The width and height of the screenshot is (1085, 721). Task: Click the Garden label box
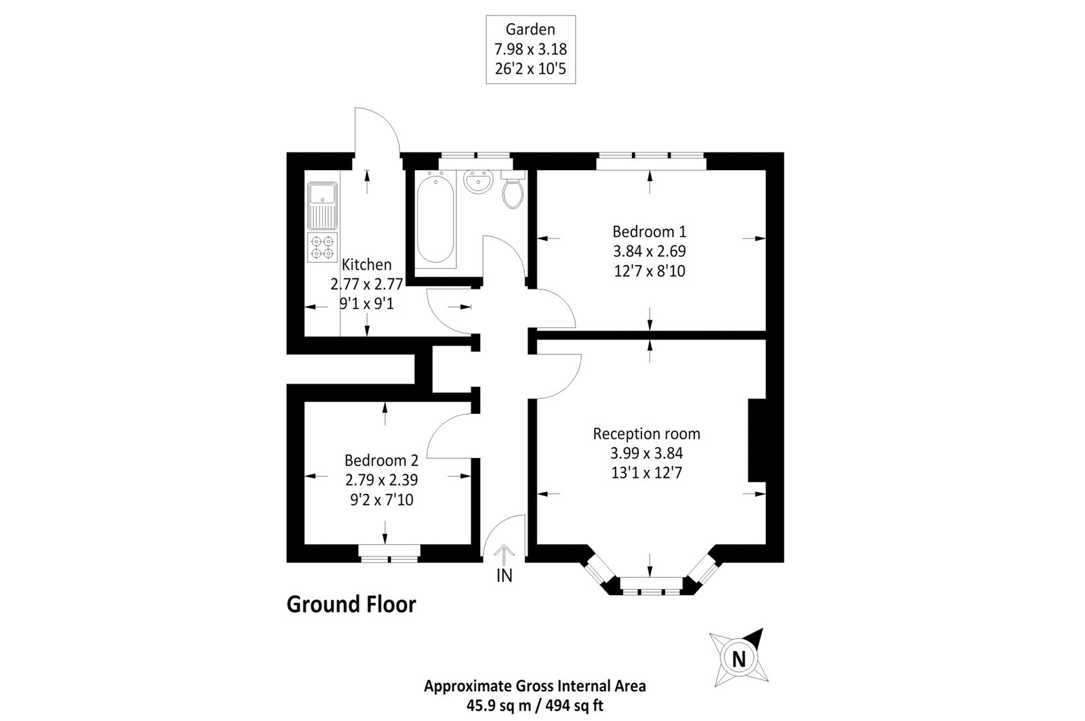coord(530,49)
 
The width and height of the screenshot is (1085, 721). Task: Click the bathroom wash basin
coord(478,182)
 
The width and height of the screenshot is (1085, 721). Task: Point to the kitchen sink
coord(321,205)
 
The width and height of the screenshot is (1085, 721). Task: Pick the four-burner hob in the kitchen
coord(322,247)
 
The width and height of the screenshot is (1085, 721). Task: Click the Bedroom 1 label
coord(649,231)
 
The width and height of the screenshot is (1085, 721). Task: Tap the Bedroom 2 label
coord(381,461)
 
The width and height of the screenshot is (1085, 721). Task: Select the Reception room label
coord(646,434)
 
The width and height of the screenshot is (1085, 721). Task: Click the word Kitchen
coord(366,264)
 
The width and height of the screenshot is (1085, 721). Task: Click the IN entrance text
coord(504,576)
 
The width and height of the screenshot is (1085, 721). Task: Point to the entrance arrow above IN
coord(504,555)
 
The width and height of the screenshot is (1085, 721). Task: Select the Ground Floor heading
coord(351,604)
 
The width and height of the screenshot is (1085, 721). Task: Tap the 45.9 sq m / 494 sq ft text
coord(535,705)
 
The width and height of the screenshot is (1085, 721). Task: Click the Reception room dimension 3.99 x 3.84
coord(646,453)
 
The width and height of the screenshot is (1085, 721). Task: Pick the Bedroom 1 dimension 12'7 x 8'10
coord(649,271)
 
